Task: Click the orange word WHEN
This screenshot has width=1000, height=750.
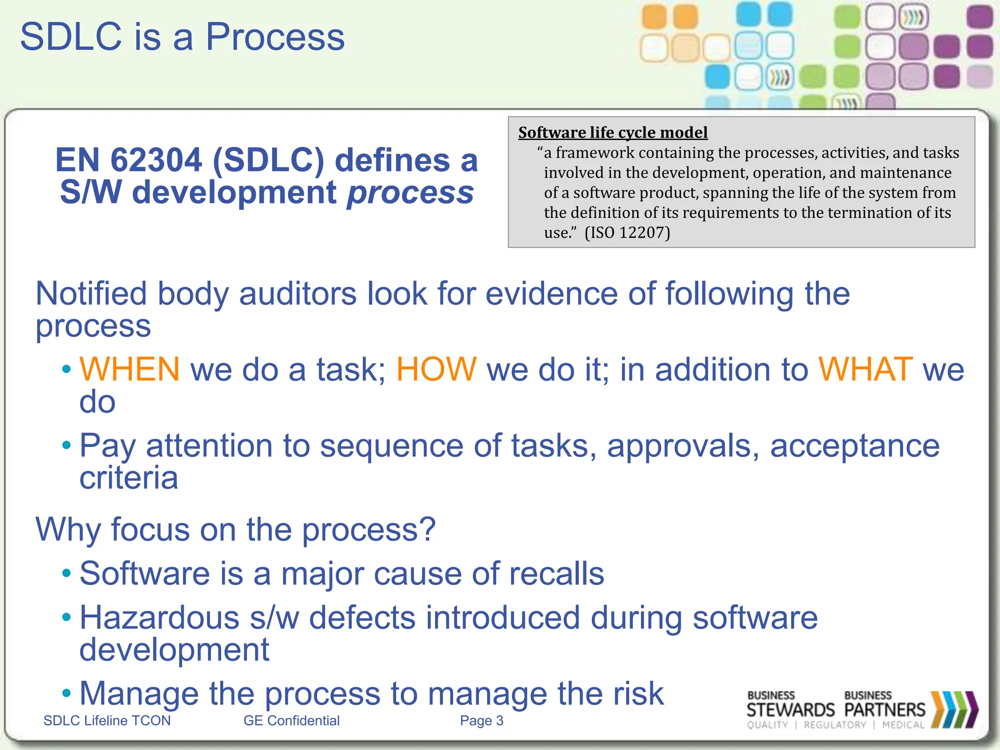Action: (129, 369)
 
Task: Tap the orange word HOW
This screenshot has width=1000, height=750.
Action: (436, 369)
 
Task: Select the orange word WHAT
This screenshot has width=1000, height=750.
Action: (865, 369)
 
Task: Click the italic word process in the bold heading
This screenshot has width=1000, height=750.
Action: (410, 192)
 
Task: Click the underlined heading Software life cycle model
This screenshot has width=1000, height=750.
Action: (613, 132)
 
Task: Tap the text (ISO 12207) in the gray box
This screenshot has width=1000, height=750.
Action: (627, 232)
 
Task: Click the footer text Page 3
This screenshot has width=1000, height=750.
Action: (481, 721)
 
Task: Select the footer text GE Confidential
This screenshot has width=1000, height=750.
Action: (292, 721)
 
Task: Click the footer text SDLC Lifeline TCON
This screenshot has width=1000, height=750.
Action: (107, 721)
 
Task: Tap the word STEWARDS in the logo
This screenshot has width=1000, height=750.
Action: (791, 709)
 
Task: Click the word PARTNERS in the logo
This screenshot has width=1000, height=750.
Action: (885, 709)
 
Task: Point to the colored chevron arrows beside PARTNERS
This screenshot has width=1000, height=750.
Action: (954, 709)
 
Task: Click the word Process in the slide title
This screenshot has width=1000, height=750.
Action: (275, 37)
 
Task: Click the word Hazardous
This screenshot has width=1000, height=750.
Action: (159, 618)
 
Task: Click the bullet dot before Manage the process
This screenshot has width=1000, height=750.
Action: (67, 692)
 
